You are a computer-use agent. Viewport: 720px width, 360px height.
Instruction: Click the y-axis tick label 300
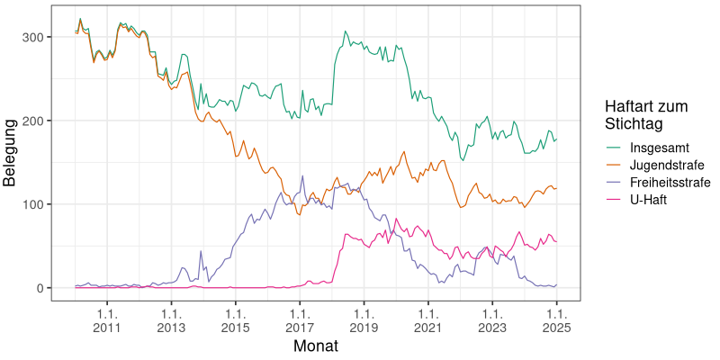tap(43, 37)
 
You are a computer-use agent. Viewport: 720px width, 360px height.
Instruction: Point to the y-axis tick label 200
tap(43, 121)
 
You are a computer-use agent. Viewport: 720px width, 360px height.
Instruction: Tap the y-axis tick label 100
tap(43, 204)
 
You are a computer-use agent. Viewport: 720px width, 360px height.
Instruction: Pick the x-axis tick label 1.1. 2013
tap(171, 321)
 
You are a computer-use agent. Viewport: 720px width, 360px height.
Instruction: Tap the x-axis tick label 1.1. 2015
tap(235, 321)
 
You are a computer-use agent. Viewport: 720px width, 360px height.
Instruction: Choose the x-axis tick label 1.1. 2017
tap(300, 321)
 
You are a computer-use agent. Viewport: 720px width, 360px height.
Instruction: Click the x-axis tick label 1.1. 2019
tap(364, 321)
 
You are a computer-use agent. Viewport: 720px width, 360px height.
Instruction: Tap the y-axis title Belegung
tap(11, 152)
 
